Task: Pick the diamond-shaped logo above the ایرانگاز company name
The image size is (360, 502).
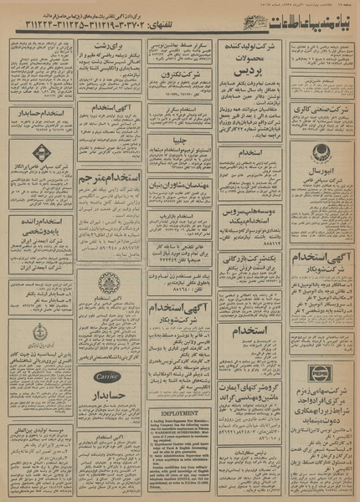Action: [33, 154]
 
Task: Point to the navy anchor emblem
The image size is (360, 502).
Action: [33, 333]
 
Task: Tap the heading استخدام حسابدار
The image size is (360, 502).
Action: [33, 113]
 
